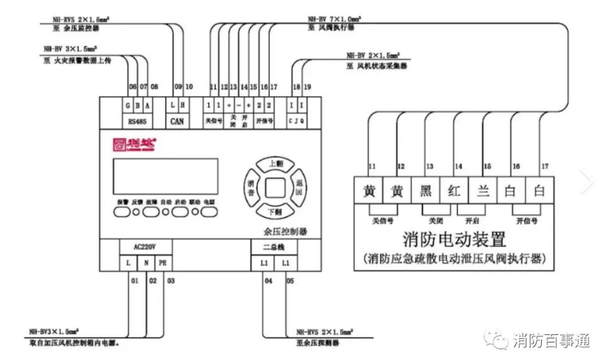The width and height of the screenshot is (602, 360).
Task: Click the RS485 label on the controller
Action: pyautogui.click(x=137, y=121)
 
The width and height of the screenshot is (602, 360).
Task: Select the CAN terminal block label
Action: pyautogui.click(x=176, y=121)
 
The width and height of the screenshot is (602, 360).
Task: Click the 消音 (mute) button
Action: pyautogui.click(x=251, y=187)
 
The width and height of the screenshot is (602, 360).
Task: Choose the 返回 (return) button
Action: pyautogui.click(x=298, y=187)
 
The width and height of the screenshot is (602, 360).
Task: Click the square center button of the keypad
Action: pyautogui.click(x=274, y=188)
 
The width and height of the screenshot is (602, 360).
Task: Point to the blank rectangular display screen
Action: pyautogui.click(x=165, y=176)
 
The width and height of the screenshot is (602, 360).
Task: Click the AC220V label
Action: pyautogui.click(x=145, y=247)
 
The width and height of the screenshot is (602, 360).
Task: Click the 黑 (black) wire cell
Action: pyautogui.click(x=426, y=190)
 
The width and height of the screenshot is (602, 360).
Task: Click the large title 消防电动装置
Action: pyautogui.click(x=454, y=239)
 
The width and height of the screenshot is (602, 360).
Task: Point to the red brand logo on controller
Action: pyautogui.click(x=134, y=143)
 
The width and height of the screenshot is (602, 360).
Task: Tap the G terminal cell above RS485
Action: pyautogui.click(x=128, y=105)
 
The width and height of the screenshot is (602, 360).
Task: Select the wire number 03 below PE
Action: pyautogui.click(x=170, y=280)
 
